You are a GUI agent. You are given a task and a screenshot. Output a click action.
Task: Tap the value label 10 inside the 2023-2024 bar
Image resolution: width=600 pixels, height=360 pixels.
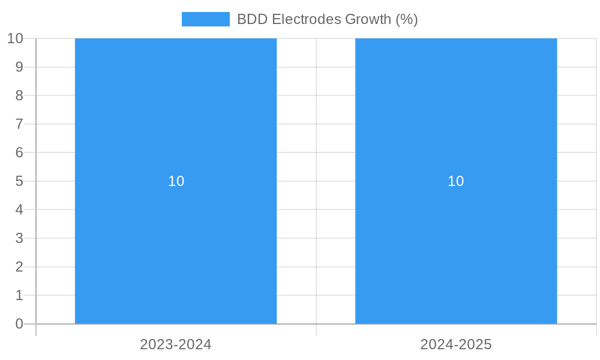[x=176, y=181]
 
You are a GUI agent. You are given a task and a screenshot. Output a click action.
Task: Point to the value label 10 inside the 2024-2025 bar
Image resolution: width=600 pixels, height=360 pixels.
[x=456, y=181]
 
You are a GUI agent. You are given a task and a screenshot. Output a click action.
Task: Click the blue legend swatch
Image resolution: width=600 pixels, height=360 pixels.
[x=205, y=19]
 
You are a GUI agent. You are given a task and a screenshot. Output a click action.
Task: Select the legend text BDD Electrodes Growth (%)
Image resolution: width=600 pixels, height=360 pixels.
[x=327, y=19]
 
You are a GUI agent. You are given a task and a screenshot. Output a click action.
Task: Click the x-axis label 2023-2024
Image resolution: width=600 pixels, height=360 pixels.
[x=176, y=344]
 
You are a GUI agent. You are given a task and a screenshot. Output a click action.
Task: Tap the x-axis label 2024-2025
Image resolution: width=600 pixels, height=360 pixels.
[x=456, y=344]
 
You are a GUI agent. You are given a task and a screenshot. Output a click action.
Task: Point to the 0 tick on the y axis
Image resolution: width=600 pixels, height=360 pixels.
[x=19, y=324]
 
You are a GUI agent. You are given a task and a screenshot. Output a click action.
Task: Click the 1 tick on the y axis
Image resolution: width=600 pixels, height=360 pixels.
[x=19, y=295]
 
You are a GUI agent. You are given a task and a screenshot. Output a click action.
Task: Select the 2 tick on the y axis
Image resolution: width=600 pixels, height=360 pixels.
[x=19, y=267]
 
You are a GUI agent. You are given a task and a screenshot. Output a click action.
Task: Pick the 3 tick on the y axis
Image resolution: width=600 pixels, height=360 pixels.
[x=19, y=238]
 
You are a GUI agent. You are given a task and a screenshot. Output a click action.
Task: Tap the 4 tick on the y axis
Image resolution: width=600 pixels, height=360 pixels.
[x=19, y=210]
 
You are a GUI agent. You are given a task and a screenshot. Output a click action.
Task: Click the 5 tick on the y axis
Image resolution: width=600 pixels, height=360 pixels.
[x=19, y=181]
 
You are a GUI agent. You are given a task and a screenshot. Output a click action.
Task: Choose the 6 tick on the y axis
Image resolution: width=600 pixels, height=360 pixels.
[x=19, y=152]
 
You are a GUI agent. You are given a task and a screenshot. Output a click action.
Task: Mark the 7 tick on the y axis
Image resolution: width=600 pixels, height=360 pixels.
[x=19, y=124]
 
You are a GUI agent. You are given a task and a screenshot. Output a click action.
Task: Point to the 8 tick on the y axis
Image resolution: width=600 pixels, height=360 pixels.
[x=19, y=95]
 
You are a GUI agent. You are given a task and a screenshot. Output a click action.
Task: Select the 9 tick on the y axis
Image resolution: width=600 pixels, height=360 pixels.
[x=19, y=67]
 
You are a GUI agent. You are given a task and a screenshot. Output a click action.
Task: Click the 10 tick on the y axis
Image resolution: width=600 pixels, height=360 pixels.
[x=15, y=38]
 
